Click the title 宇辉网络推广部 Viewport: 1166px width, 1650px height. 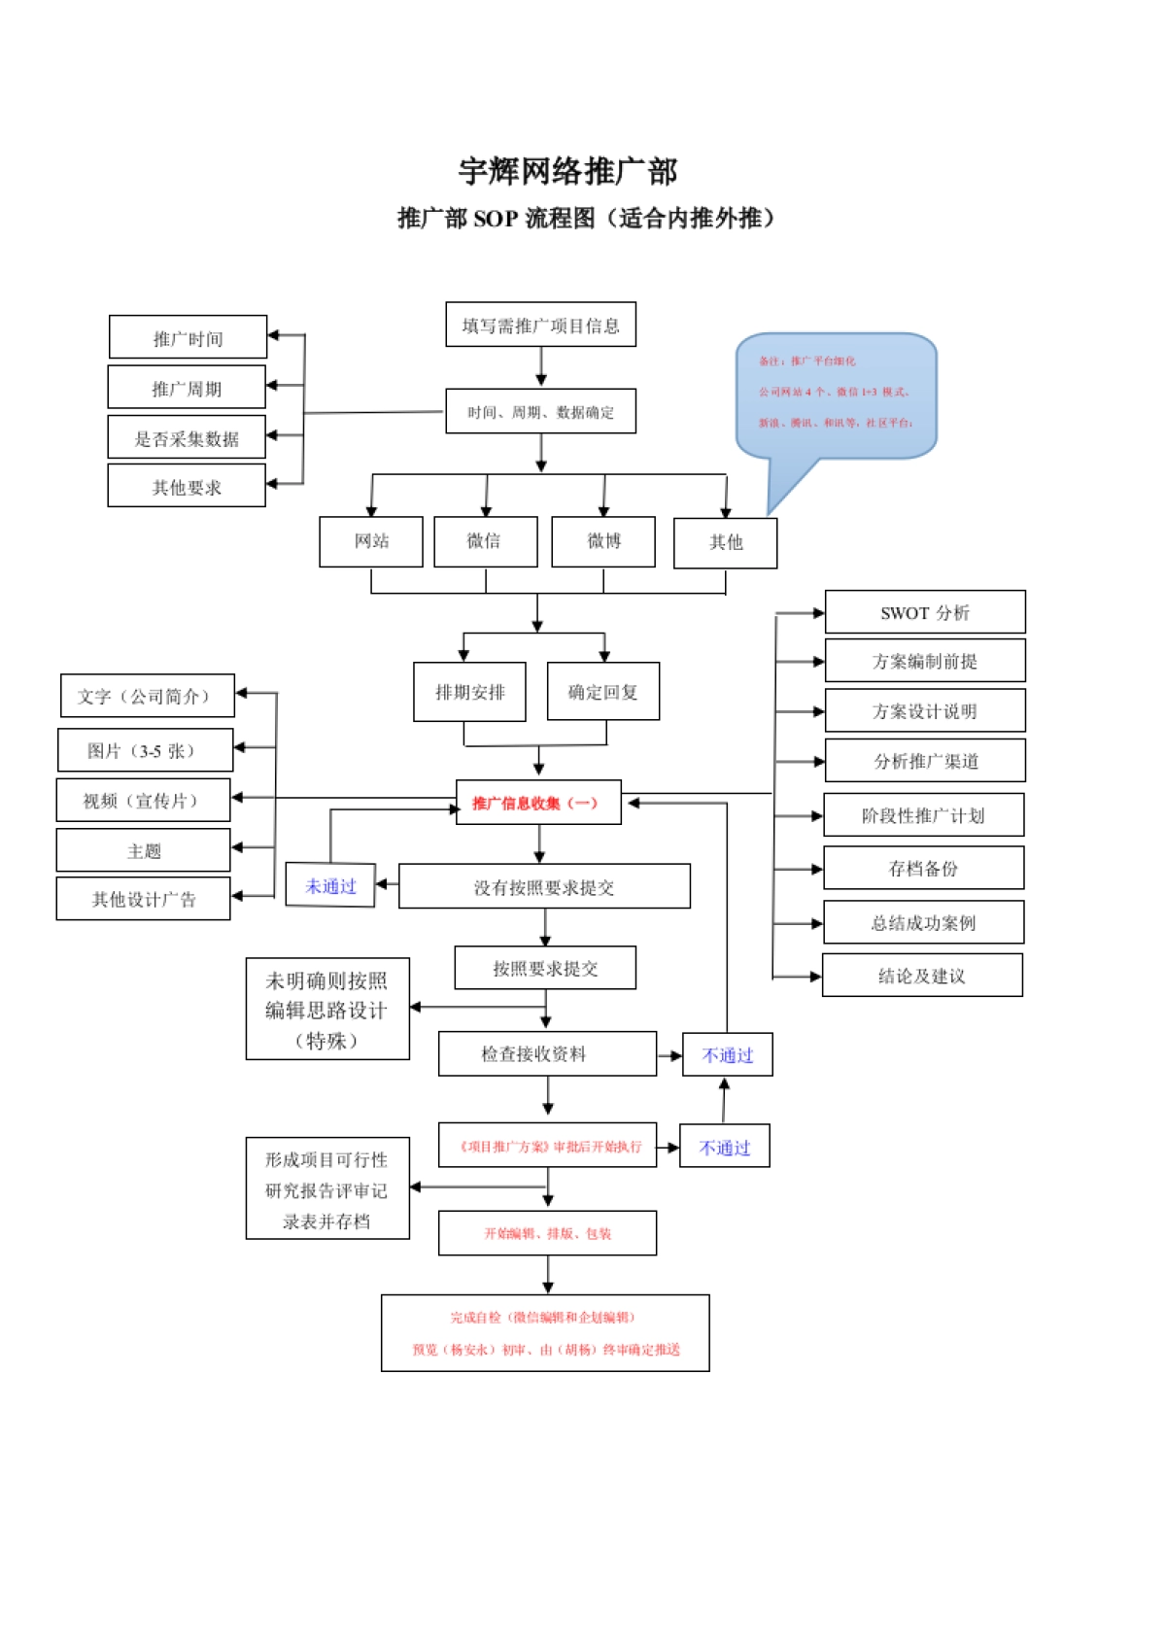[x=567, y=172]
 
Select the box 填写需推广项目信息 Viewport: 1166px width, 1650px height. [x=540, y=325]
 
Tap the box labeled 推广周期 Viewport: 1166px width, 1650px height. [x=187, y=388]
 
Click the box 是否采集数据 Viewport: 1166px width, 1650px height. [x=187, y=437]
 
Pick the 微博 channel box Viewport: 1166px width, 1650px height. [x=602, y=541]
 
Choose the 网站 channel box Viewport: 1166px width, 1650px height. [x=371, y=541]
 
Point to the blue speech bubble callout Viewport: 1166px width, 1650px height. [x=836, y=395]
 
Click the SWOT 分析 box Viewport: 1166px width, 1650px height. [x=924, y=612]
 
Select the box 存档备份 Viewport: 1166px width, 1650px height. [x=923, y=868]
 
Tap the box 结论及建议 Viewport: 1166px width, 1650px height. [x=922, y=975]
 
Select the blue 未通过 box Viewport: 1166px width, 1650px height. [x=330, y=885]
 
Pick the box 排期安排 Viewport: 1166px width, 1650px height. [x=469, y=692]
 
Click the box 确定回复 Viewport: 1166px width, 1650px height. [x=602, y=692]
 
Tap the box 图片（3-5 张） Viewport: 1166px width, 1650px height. [x=145, y=750]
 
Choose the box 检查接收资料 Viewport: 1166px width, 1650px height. [x=546, y=1053]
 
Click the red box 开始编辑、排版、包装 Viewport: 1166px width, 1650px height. [x=547, y=1233]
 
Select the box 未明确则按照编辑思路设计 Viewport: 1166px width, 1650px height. [x=327, y=1010]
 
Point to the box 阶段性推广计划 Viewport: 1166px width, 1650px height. [x=923, y=815]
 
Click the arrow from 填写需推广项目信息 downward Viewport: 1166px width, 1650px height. [x=541, y=366]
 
